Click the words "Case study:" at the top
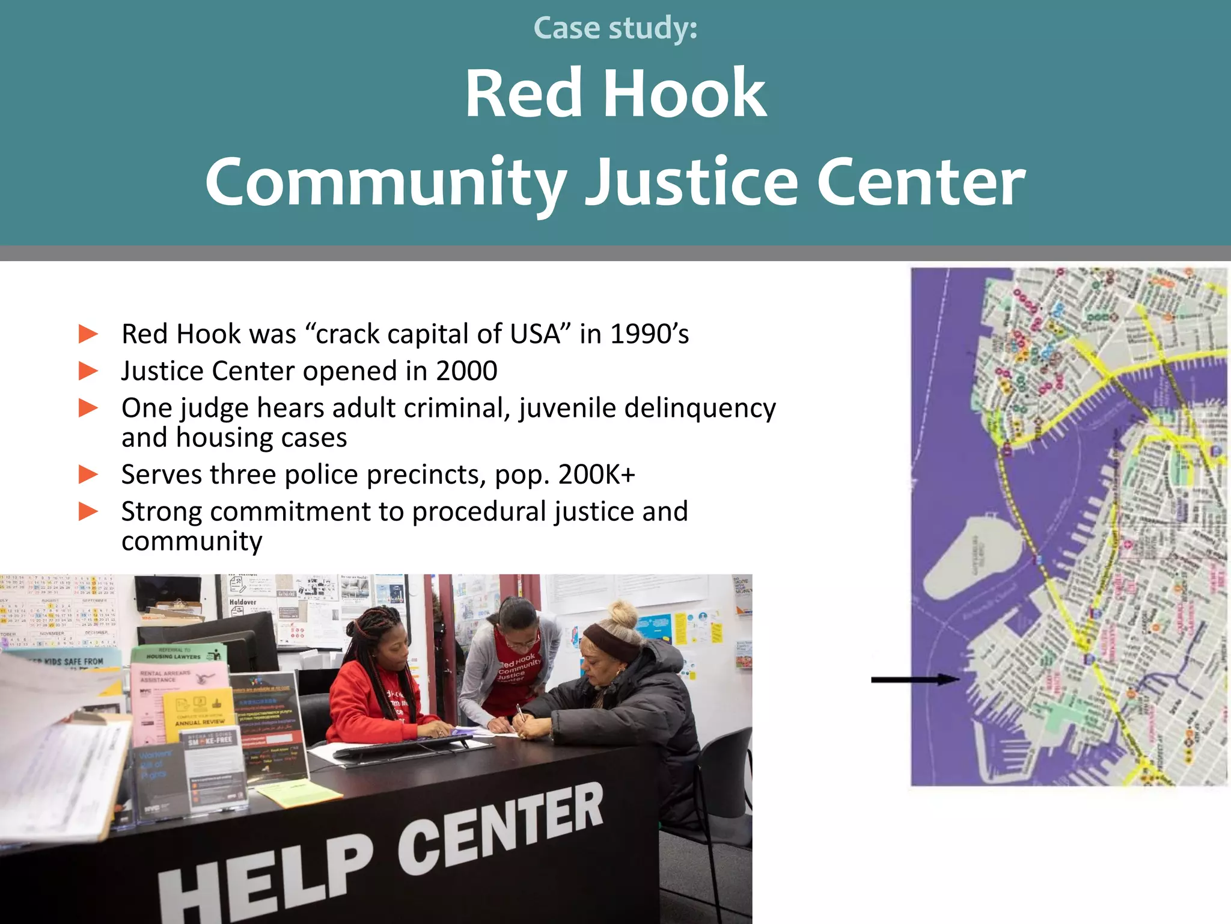[615, 28]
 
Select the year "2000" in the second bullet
[466, 371]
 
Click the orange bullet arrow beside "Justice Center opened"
[88, 371]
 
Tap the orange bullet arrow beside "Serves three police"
[88, 475]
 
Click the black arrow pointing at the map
[914, 680]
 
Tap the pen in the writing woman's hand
[521, 712]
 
